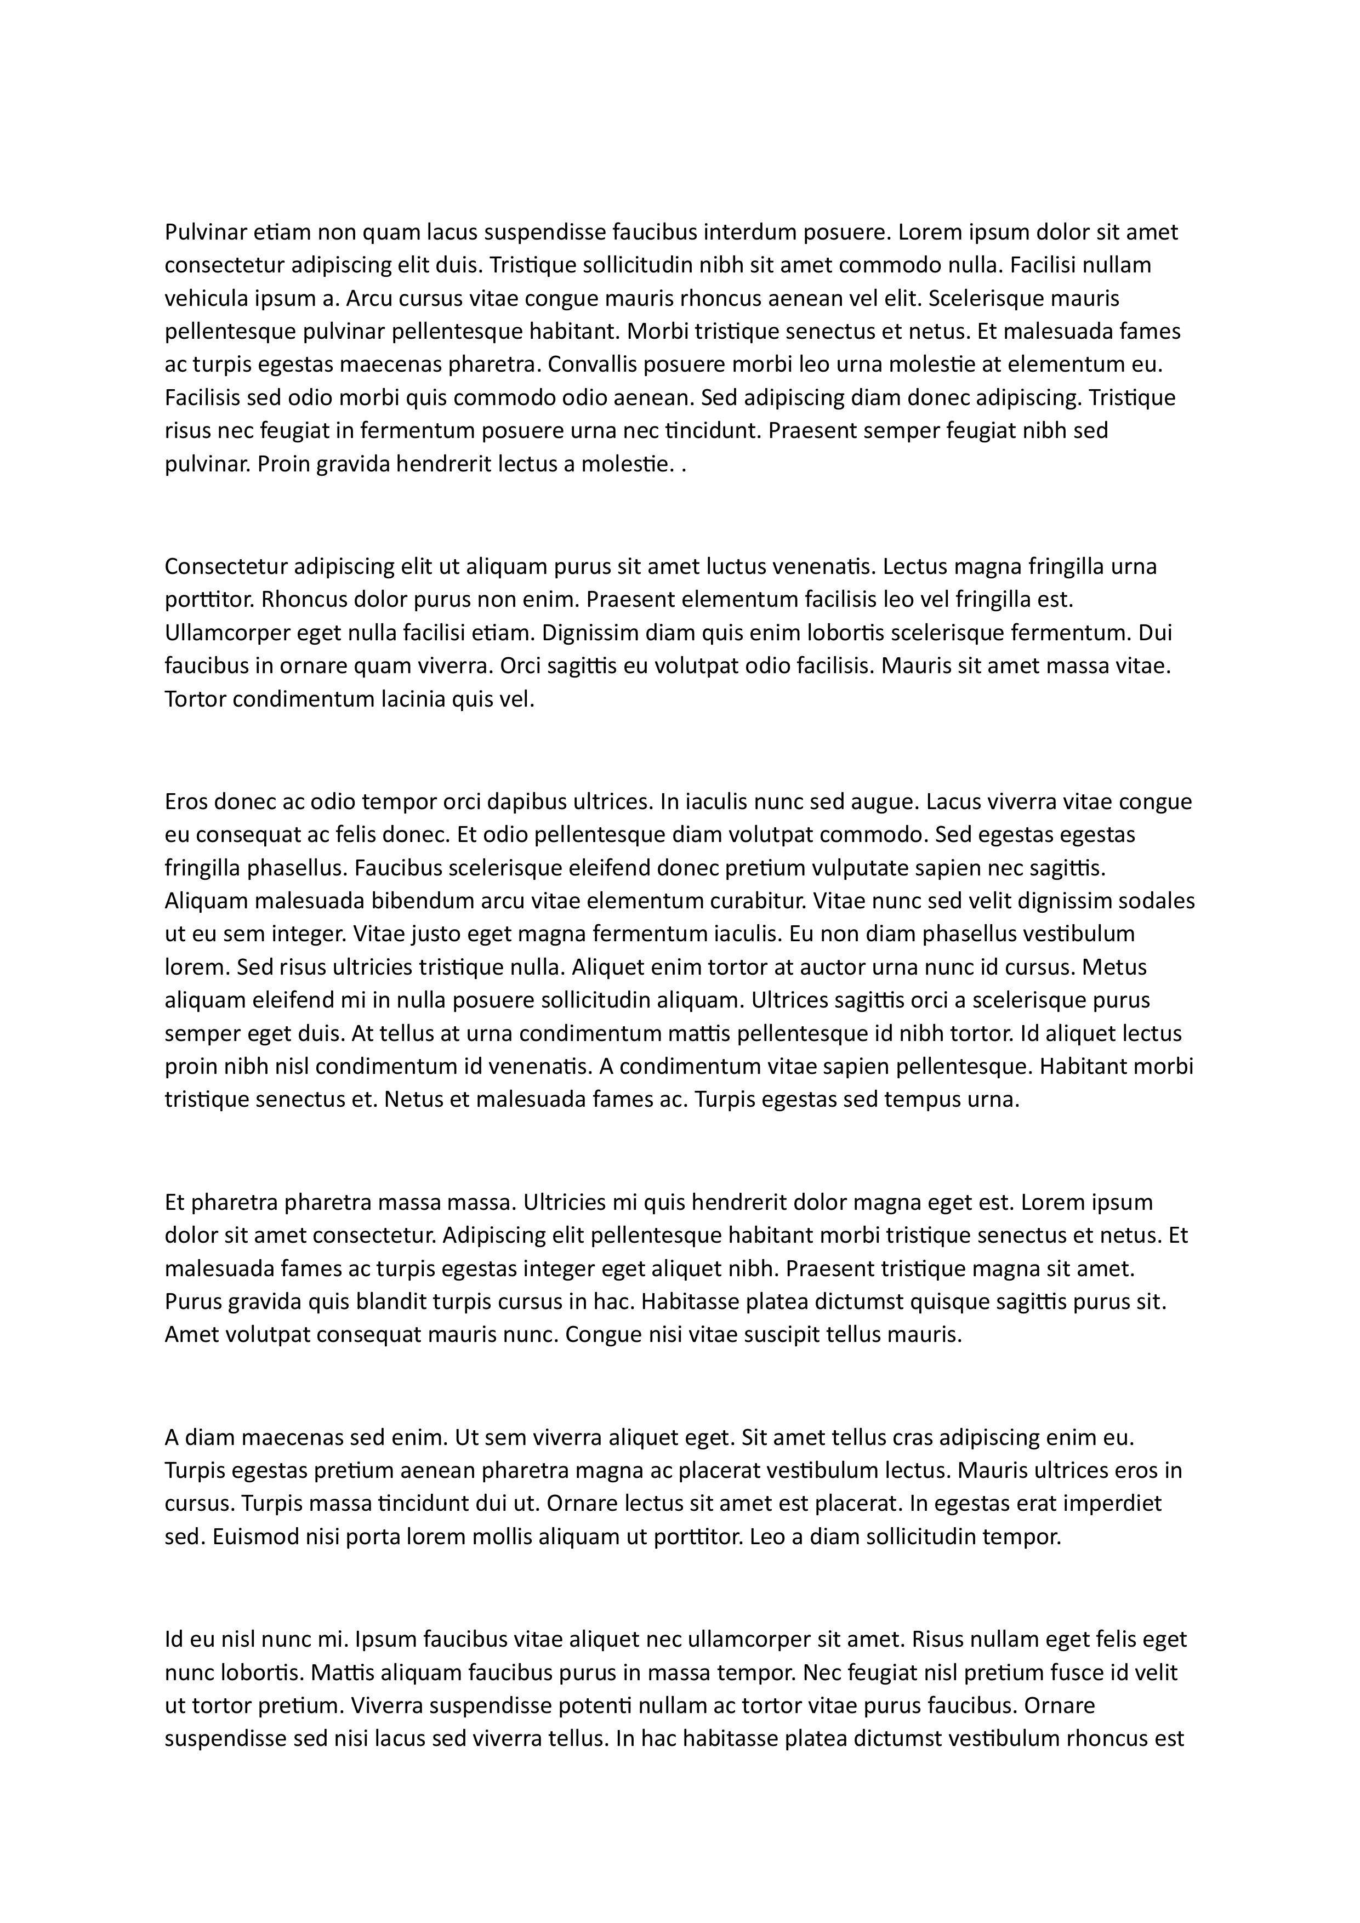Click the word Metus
click(1114, 968)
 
